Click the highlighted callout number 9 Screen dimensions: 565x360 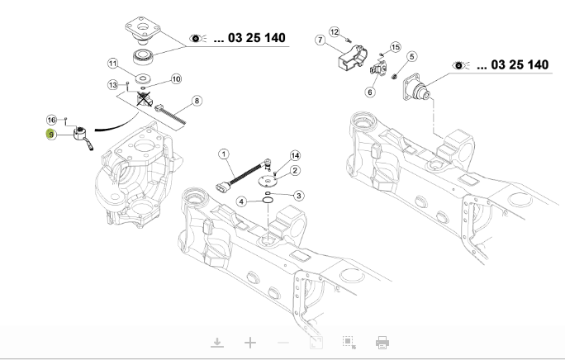[51, 135]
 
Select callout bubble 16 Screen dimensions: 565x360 [52, 120]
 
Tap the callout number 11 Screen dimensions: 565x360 [113, 64]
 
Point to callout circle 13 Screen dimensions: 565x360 [113, 85]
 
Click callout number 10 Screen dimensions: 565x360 [176, 79]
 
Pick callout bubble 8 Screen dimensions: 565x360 [197, 101]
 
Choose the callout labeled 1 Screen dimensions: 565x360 [224, 154]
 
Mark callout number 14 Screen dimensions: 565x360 [295, 155]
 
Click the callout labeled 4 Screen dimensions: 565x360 [241, 201]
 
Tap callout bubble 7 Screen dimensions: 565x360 [320, 40]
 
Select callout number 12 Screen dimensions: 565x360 [335, 32]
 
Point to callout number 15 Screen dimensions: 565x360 [396, 47]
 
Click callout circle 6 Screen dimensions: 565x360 [370, 92]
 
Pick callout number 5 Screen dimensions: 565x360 [412, 57]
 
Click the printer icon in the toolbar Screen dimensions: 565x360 [382, 343]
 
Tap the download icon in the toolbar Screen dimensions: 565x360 [217, 343]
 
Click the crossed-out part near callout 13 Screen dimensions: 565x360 [145, 99]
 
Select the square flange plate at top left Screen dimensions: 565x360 [143, 27]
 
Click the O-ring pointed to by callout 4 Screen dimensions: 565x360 [268, 200]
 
